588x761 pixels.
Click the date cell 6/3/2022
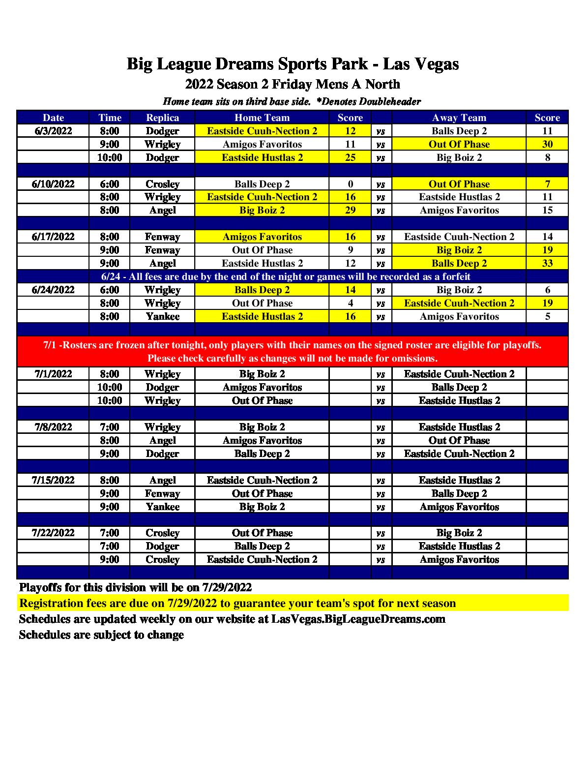coord(53,131)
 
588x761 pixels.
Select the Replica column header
coord(162,118)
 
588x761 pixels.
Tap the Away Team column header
coord(459,118)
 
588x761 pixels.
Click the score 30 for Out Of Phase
coord(547,144)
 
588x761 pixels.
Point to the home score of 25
coord(350,157)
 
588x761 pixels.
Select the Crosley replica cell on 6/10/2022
coord(162,184)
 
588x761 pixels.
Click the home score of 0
coord(350,184)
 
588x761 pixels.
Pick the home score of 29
coord(350,210)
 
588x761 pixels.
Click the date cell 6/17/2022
coord(53,237)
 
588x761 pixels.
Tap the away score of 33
coord(547,263)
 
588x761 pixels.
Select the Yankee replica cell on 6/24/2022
coord(162,316)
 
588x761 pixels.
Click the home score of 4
coord(350,303)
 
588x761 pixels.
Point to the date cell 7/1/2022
coord(53,374)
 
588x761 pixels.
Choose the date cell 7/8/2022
coord(53,427)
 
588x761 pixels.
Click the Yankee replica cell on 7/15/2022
coord(162,507)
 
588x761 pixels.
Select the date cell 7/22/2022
coord(53,533)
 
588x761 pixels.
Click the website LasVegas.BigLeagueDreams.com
coord(358,619)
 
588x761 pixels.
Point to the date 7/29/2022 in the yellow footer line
coord(192,603)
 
